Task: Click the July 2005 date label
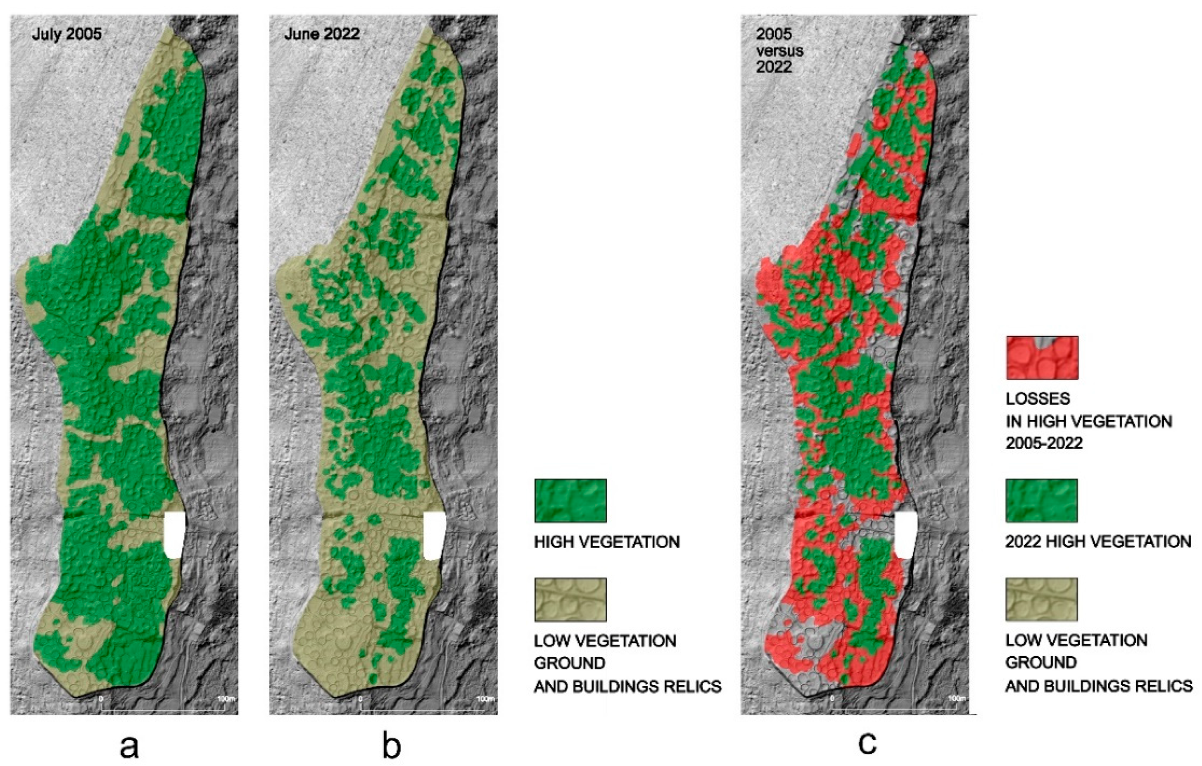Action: click(67, 34)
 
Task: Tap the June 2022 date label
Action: click(322, 34)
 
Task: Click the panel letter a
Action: click(129, 747)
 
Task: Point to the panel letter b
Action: click(391, 746)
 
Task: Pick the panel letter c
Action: click(867, 742)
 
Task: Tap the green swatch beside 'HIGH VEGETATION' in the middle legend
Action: click(570, 501)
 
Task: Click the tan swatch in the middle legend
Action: click(570, 600)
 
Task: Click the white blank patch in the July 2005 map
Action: click(174, 535)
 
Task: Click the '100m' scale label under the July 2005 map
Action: click(226, 699)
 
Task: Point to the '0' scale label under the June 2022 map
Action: click(361, 699)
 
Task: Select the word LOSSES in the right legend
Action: click(1038, 398)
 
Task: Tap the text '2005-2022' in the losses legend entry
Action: click(1044, 443)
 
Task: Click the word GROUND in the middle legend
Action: click(570, 663)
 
